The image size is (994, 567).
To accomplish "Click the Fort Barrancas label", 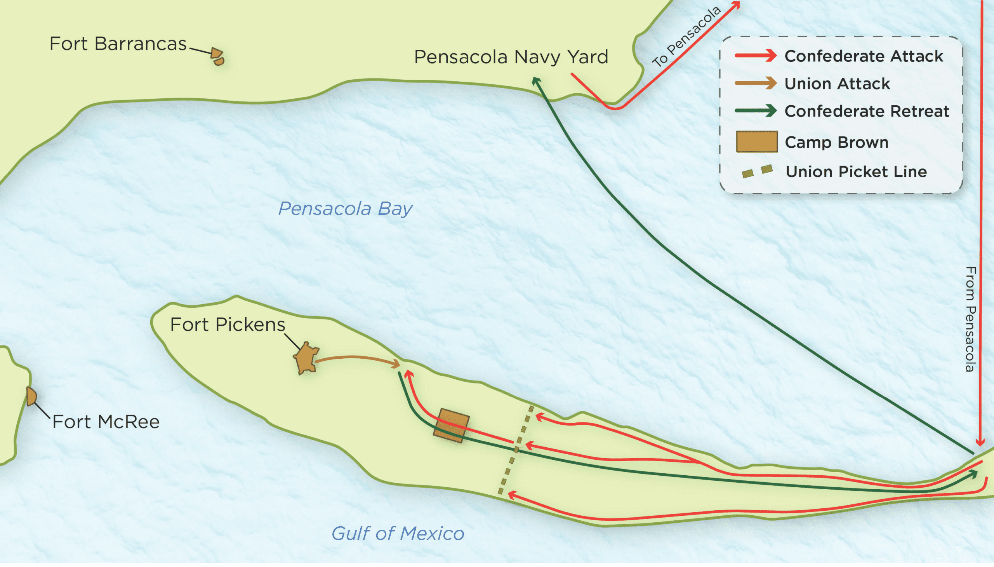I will [x=118, y=44].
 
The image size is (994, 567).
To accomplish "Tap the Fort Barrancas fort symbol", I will [x=217, y=56].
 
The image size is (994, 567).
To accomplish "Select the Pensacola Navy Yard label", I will [x=511, y=57].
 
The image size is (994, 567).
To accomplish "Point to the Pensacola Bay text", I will [x=345, y=209].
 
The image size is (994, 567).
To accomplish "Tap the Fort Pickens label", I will [x=227, y=325].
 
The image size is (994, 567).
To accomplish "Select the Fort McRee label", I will [x=106, y=422].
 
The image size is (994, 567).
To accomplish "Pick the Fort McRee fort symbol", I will [x=31, y=397].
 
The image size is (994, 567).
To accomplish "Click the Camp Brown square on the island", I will [x=451, y=426].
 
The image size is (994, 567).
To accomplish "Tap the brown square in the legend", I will [x=756, y=142].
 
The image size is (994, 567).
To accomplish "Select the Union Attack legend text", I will [x=837, y=84].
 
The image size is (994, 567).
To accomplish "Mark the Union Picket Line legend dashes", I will [x=756, y=171].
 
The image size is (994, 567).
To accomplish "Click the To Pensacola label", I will [x=686, y=37].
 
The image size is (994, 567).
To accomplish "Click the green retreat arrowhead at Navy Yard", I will [x=536, y=80].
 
